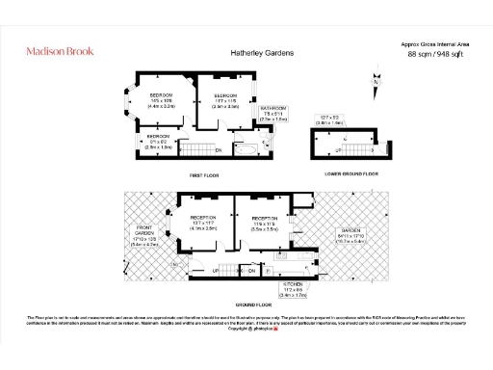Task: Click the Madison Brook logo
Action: click(60, 50)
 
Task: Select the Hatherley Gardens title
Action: click(261, 53)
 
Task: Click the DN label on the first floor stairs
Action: click(218, 150)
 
